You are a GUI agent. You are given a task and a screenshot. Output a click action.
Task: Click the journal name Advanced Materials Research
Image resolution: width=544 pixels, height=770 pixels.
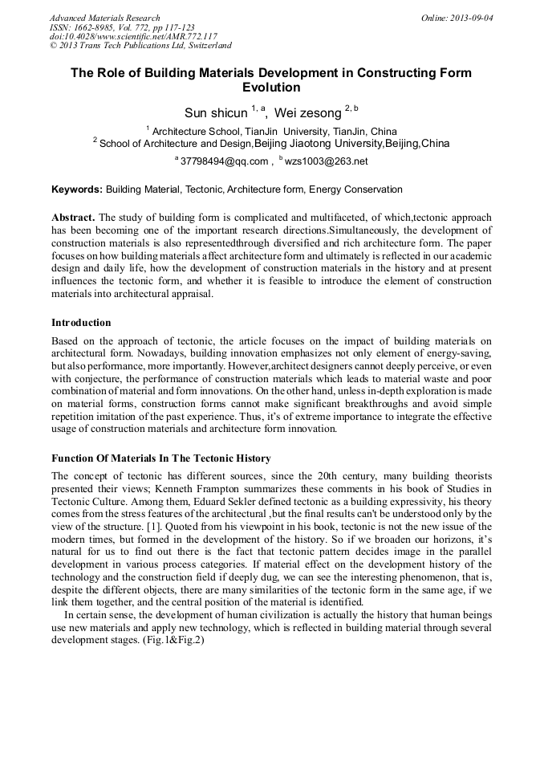pos(104,18)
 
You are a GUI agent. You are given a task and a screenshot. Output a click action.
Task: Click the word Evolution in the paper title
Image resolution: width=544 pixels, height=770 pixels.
pos(271,88)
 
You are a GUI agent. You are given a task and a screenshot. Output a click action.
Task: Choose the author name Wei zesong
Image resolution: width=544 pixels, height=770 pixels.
pos(307,113)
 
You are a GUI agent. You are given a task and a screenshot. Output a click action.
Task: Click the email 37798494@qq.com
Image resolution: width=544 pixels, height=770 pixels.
pos(224,161)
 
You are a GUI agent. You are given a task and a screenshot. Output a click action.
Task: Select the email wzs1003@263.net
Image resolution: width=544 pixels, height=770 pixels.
pos(327,161)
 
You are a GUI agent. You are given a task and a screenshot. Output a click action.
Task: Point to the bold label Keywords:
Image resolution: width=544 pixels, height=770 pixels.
pos(77,189)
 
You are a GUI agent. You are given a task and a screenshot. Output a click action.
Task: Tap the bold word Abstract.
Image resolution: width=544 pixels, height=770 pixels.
pos(73,218)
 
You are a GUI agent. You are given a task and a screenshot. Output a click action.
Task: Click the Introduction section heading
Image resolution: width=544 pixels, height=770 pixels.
pos(81,323)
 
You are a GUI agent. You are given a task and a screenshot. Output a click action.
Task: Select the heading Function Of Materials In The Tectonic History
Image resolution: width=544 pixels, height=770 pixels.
pos(160,458)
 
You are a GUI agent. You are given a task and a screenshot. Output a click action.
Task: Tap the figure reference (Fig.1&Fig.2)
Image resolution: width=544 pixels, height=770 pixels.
pos(173,641)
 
